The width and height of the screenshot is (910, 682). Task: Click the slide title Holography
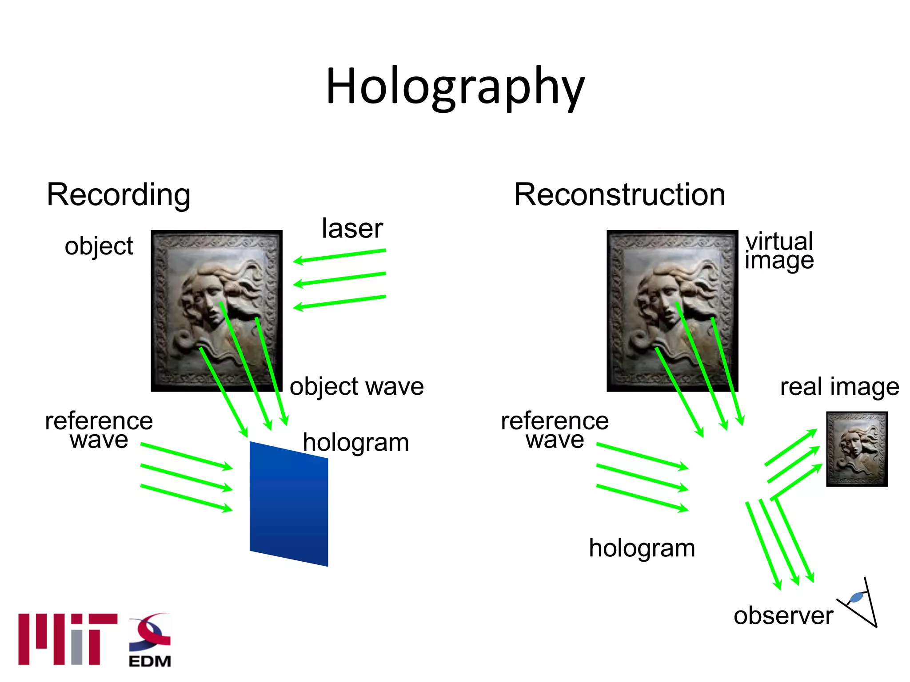[455, 87]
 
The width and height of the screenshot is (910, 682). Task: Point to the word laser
[352, 229]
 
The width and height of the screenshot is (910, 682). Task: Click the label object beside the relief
[99, 246]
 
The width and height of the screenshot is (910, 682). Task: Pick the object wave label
[356, 386]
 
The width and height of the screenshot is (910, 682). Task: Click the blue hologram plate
[289, 504]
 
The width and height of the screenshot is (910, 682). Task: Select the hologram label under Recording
[355, 443]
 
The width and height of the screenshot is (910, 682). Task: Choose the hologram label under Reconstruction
[642, 548]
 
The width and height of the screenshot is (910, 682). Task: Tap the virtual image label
[779, 251]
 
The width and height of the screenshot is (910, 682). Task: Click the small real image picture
[857, 449]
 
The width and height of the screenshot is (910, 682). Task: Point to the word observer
[783, 615]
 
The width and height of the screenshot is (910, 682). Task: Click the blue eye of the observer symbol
[856, 597]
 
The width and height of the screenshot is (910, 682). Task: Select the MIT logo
[68, 639]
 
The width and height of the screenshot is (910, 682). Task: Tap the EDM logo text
[150, 661]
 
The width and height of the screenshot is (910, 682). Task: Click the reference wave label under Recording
[99, 430]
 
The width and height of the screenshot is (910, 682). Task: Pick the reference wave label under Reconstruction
[555, 430]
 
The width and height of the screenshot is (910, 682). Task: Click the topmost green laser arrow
[339, 256]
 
